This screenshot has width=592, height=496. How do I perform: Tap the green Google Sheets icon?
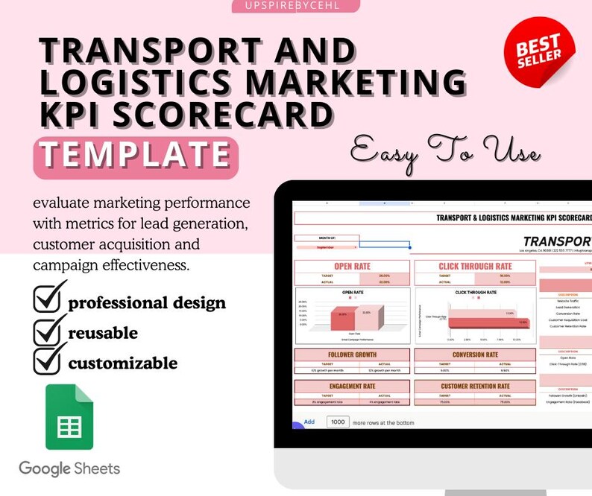(x=69, y=417)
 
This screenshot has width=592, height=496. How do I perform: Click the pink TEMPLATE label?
(x=136, y=156)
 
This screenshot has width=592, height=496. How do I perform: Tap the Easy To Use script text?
(x=446, y=153)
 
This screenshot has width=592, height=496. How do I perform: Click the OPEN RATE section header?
(x=353, y=266)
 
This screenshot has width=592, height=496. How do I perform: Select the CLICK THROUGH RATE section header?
(x=475, y=266)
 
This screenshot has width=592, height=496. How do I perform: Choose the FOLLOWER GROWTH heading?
(x=352, y=354)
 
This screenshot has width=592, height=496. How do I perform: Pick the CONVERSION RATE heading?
(x=474, y=354)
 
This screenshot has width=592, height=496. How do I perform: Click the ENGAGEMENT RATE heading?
(x=352, y=387)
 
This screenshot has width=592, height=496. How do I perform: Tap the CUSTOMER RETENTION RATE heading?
(x=474, y=387)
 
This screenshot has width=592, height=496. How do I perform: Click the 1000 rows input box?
(x=338, y=422)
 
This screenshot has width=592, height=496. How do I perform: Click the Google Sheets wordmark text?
(x=69, y=468)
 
